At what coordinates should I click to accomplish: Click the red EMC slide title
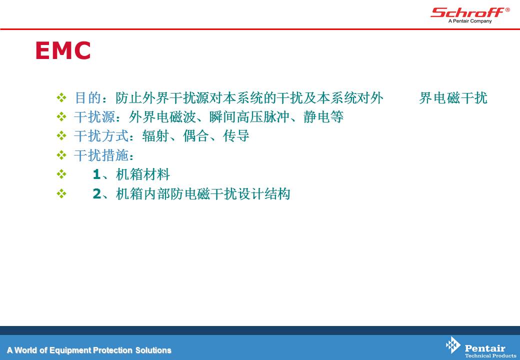(x=63, y=50)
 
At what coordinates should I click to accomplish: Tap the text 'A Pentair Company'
(x=470, y=21)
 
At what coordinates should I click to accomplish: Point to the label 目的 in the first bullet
(x=88, y=98)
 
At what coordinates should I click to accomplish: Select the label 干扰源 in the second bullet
(x=94, y=117)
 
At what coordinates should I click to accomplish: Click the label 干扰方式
(x=101, y=136)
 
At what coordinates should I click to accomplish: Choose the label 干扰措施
(x=101, y=155)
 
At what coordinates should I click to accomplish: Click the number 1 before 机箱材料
(x=97, y=174)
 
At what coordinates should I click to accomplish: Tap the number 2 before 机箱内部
(x=97, y=193)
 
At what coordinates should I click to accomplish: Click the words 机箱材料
(x=143, y=174)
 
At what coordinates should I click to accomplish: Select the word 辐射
(x=155, y=136)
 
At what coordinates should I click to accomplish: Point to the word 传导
(x=236, y=136)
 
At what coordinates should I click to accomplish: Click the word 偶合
(x=196, y=136)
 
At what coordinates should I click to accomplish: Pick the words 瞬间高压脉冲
(x=249, y=117)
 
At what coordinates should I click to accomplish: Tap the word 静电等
(x=323, y=117)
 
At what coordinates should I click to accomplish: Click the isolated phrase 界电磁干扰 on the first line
(x=453, y=98)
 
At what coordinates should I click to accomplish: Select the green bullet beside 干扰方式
(x=61, y=135)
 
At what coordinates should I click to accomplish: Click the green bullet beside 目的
(x=61, y=97)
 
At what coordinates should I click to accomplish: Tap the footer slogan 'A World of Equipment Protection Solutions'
(x=89, y=350)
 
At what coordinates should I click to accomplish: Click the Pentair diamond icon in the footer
(x=453, y=345)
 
